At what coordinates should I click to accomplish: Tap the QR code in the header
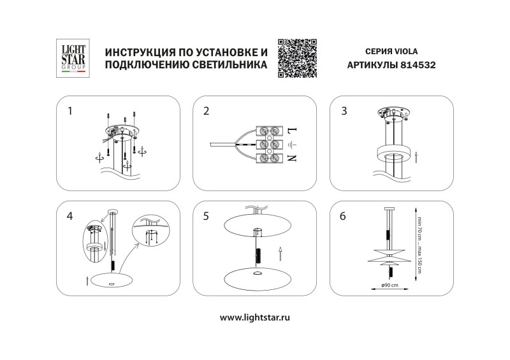click(297, 58)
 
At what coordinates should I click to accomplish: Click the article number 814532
click(418, 65)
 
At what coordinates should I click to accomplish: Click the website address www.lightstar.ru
click(255, 317)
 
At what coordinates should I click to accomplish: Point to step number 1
click(70, 111)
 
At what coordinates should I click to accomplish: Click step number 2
click(206, 111)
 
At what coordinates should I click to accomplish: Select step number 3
click(344, 111)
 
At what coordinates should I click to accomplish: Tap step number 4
click(70, 215)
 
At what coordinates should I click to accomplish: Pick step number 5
click(206, 215)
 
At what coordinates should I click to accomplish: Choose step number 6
click(344, 215)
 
